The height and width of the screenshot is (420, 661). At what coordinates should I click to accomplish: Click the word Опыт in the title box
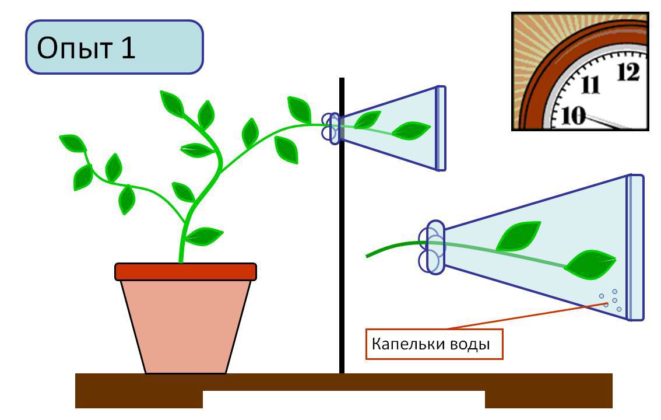tap(74, 48)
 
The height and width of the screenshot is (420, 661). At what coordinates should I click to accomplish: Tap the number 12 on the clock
tap(628, 72)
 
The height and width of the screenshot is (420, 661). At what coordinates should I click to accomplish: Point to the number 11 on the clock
tap(590, 85)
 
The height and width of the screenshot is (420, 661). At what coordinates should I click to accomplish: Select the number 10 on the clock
tap(574, 115)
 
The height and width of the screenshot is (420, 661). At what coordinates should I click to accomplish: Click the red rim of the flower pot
tap(185, 272)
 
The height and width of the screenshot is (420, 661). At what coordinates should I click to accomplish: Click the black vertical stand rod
tap(342, 226)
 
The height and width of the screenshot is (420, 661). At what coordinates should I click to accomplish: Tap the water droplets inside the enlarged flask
tap(611, 300)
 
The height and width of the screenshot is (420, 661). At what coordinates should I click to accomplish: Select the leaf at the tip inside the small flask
tap(411, 130)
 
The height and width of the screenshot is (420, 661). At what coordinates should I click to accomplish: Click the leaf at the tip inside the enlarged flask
tap(590, 264)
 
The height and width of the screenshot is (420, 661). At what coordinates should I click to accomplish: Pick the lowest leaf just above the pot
tap(204, 236)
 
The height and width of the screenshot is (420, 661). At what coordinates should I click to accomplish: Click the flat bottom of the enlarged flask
tap(635, 247)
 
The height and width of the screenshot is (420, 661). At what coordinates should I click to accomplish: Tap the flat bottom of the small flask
tap(441, 128)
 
